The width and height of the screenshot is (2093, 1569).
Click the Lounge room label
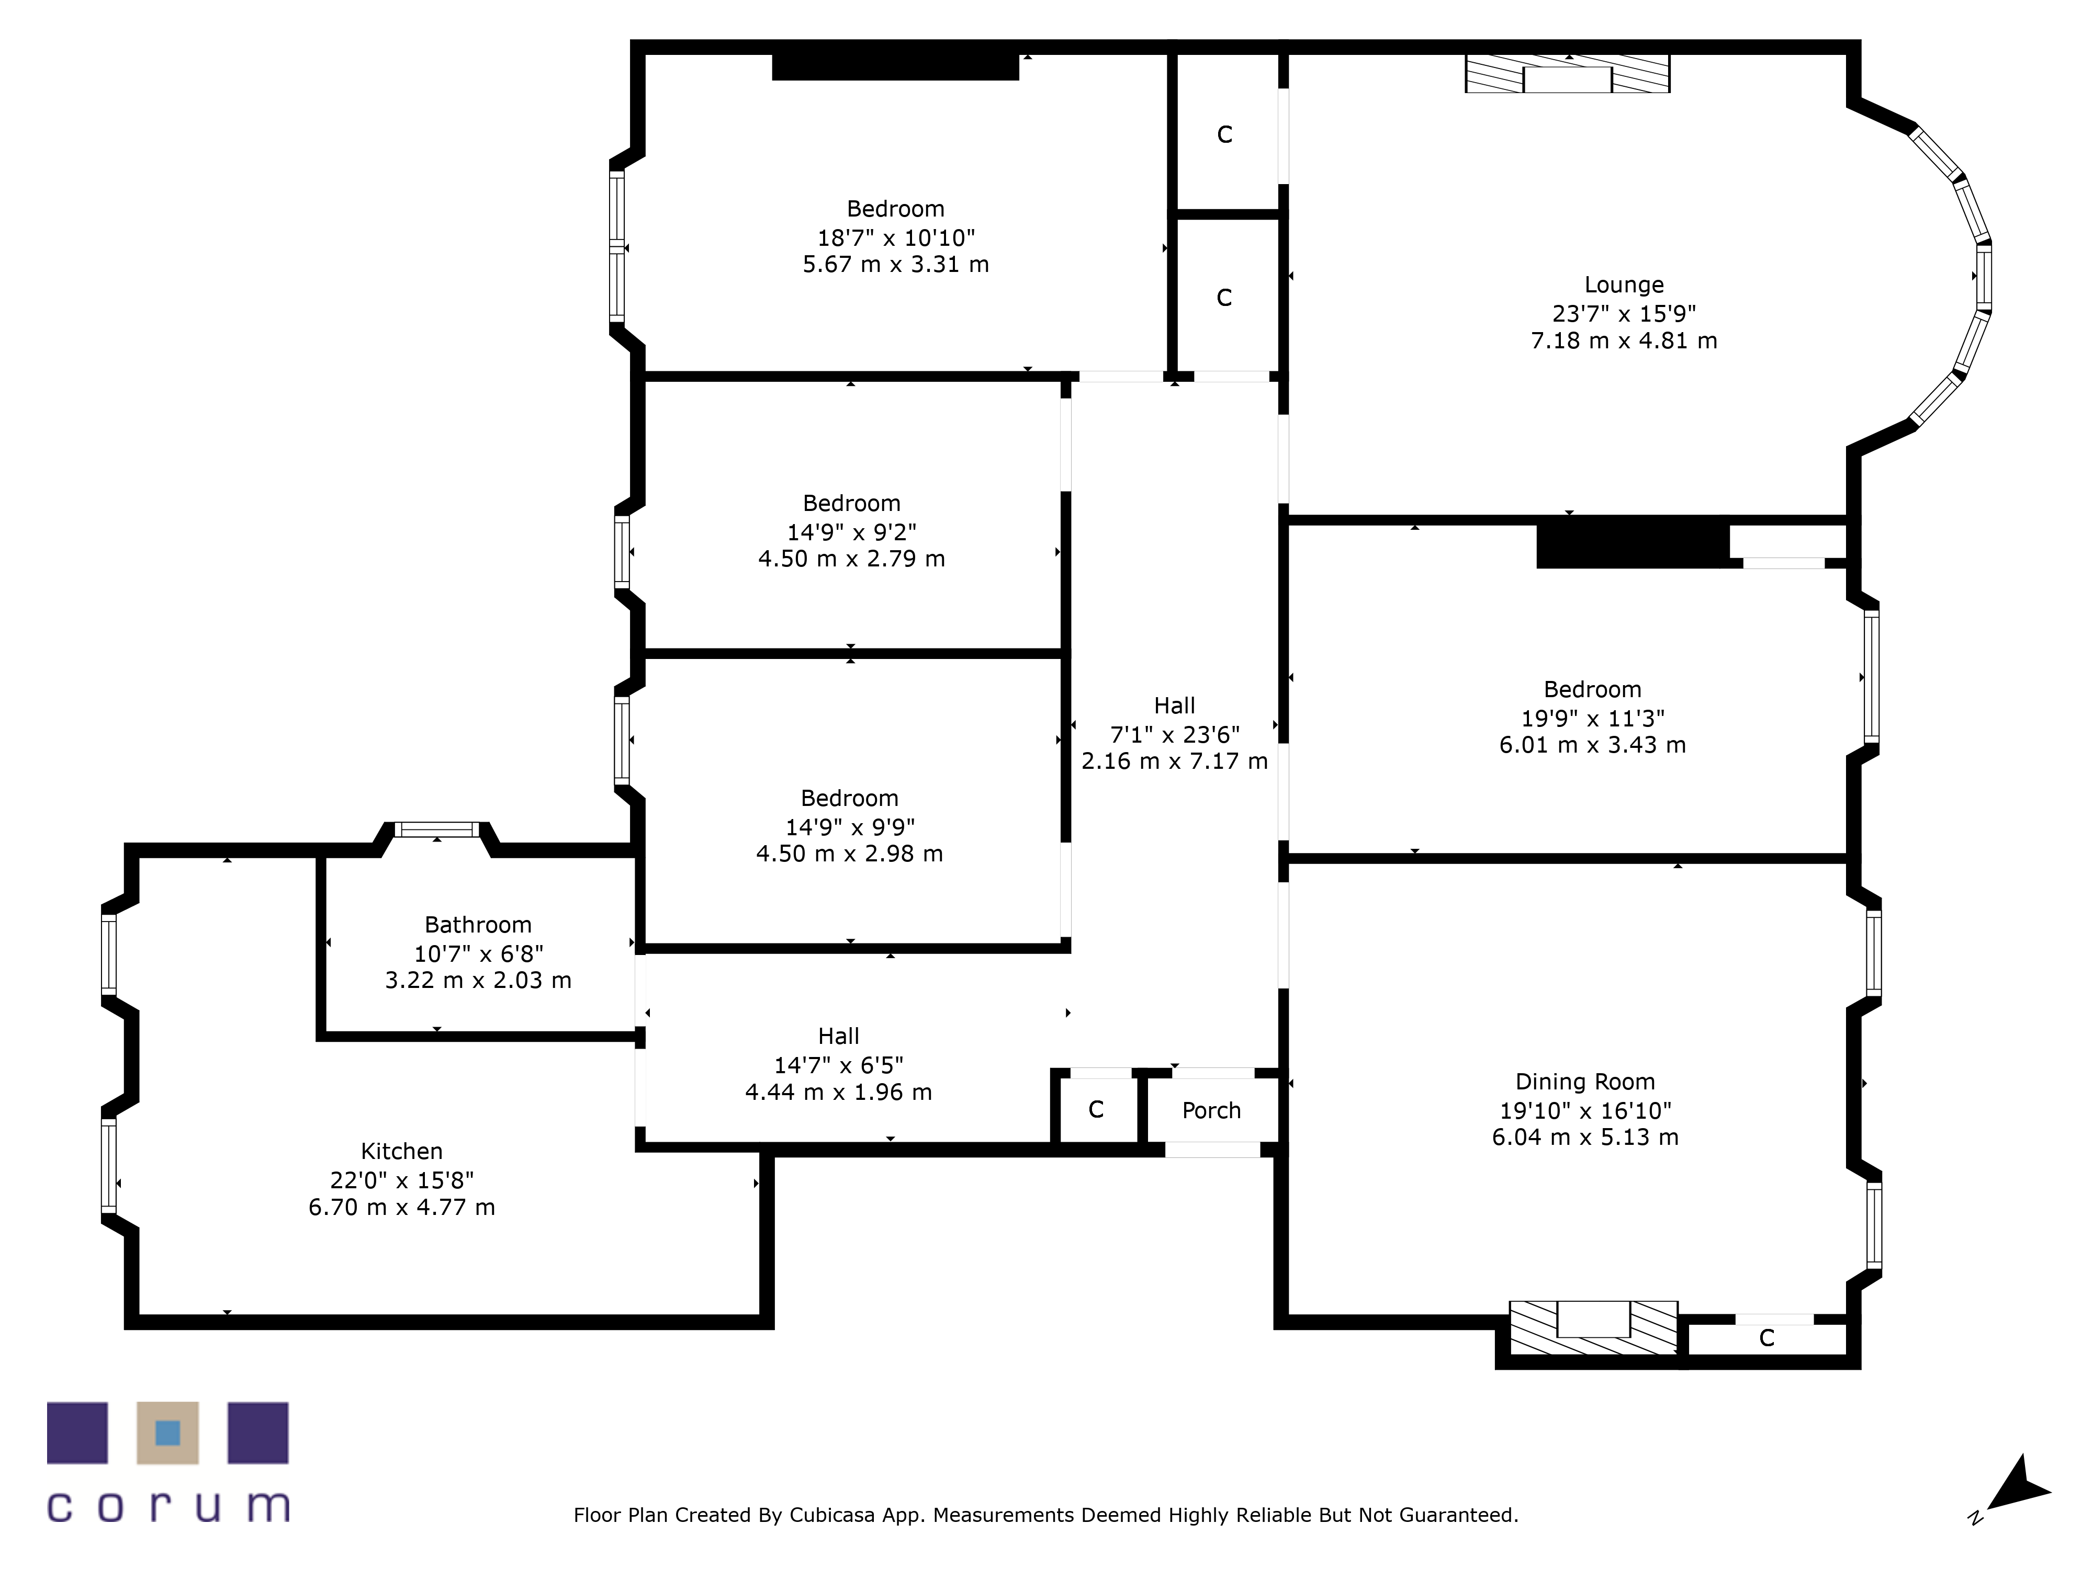click(1624, 285)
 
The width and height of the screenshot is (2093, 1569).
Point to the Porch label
click(1211, 1110)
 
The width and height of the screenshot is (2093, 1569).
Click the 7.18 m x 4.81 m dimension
click(1624, 340)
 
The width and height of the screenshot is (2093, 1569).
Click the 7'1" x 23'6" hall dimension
click(1174, 734)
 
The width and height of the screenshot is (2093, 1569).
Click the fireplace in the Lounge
click(1567, 74)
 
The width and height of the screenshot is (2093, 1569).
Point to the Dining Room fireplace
click(1593, 1328)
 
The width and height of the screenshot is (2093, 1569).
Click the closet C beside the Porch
click(1096, 1109)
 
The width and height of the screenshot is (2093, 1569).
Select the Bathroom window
click(437, 829)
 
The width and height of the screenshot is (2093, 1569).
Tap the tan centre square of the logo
click(167, 1433)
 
